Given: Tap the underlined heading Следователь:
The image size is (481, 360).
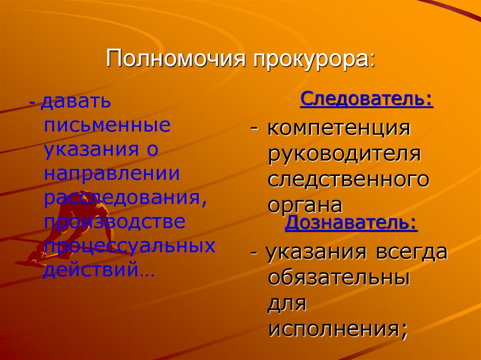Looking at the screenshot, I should pyautogui.click(x=366, y=100).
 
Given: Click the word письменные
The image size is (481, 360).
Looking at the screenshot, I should pyautogui.click(x=108, y=126).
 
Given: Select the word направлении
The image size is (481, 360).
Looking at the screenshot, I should pyautogui.click(x=112, y=174).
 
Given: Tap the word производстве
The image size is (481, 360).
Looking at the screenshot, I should pyautogui.click(x=115, y=222).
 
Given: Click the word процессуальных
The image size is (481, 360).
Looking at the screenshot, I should pyautogui.click(x=129, y=245).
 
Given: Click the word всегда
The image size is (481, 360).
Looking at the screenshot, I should pyautogui.click(x=411, y=253).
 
